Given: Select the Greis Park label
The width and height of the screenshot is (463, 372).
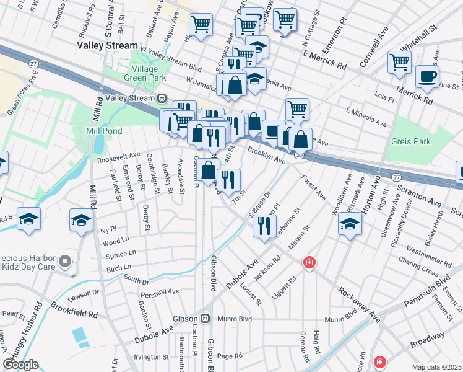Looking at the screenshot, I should (x=411, y=141).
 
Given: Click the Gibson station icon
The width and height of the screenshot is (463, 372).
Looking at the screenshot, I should (x=206, y=319).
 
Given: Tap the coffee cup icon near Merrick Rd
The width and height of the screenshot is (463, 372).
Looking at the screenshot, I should (x=427, y=76).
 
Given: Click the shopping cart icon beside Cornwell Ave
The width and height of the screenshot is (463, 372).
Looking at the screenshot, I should (x=400, y=62).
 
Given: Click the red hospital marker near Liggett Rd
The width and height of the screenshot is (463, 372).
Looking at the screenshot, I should (x=308, y=263).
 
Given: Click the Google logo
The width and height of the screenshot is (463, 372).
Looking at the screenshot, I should (x=21, y=364).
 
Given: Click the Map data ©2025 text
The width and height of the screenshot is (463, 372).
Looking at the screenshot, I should (x=436, y=367).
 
